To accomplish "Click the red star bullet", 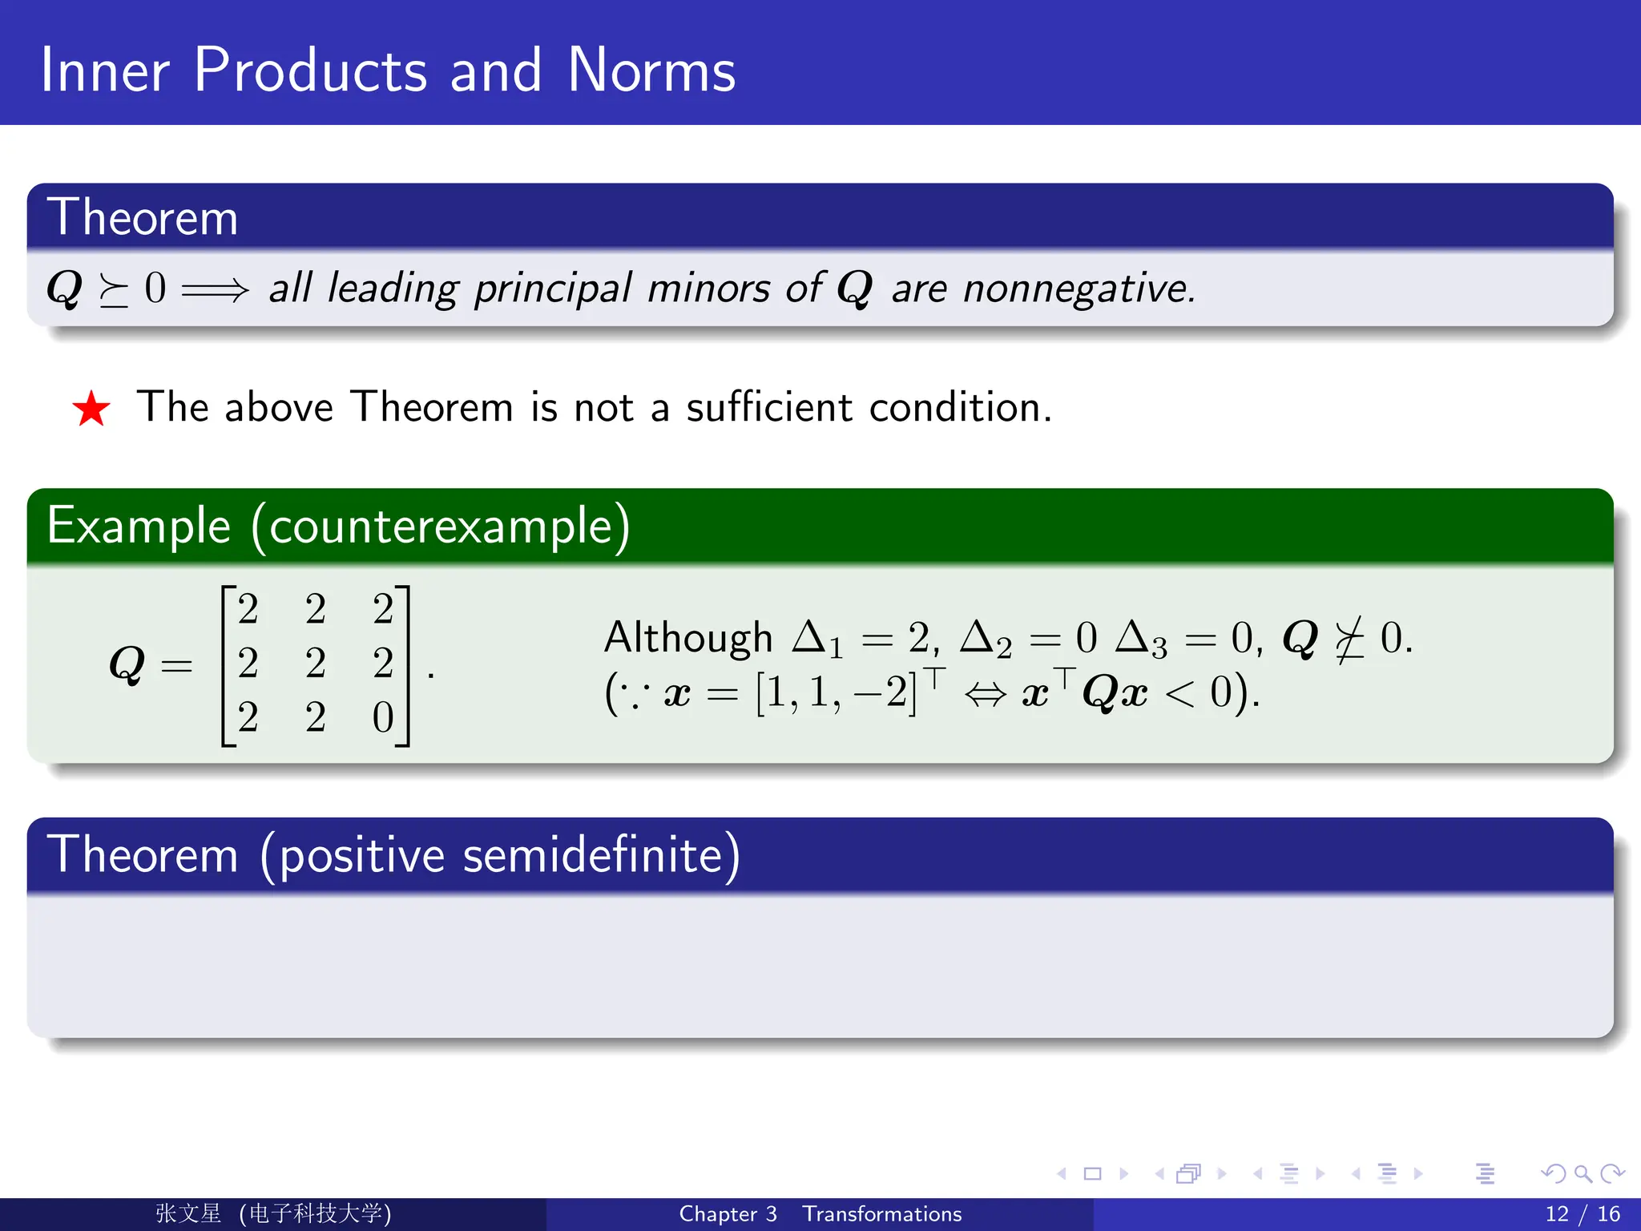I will pyautogui.click(x=91, y=409).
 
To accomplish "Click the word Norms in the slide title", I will pyautogui.click(x=651, y=71).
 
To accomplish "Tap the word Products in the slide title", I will pyautogui.click(x=311, y=71).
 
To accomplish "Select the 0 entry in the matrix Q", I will pyautogui.click(x=383, y=717).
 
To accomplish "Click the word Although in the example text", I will pyautogui.click(x=687, y=639).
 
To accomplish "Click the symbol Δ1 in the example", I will pyautogui.click(x=817, y=640).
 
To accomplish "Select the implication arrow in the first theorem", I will pyautogui.click(x=215, y=289).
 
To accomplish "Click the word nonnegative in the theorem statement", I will pyautogui.click(x=1079, y=289).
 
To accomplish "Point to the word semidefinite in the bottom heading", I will pyautogui.click(x=593, y=855).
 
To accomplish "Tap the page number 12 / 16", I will pyautogui.click(x=1582, y=1214).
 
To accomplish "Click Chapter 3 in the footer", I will pyautogui.click(x=728, y=1214).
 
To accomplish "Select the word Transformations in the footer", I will pyautogui.click(x=881, y=1214).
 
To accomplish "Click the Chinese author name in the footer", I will pyautogui.click(x=188, y=1214).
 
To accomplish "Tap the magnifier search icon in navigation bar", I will pyautogui.click(x=1583, y=1174).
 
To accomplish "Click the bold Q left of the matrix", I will pyautogui.click(x=127, y=665).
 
